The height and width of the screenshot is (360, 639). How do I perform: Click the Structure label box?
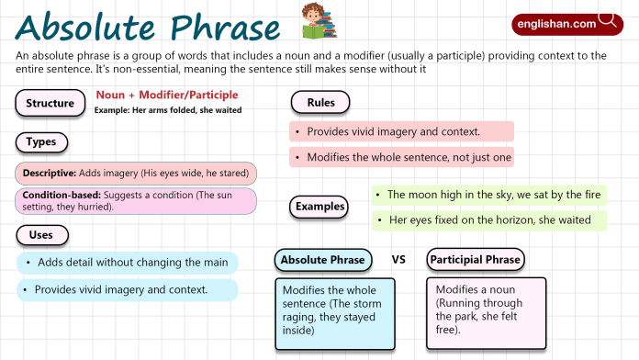(50, 103)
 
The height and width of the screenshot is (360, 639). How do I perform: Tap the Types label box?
(41, 142)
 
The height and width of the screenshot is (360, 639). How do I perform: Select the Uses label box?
(41, 236)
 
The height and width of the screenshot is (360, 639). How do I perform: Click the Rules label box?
(319, 102)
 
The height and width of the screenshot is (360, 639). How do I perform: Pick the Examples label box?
(320, 207)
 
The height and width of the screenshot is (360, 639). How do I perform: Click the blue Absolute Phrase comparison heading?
(322, 260)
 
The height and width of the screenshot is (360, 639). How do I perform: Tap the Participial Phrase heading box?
(476, 260)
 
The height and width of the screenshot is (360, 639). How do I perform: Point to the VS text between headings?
(398, 260)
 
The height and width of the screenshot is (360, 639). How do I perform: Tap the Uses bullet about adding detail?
(127, 263)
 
